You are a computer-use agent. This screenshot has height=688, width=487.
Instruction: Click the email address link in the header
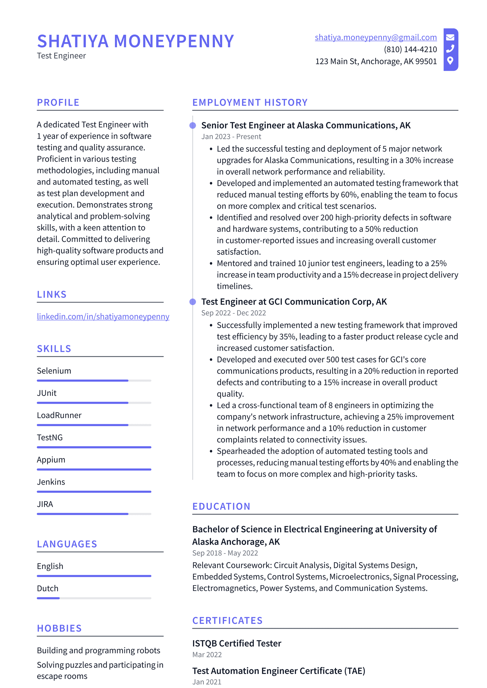(x=375, y=37)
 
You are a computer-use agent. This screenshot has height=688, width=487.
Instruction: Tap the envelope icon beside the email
(x=450, y=37)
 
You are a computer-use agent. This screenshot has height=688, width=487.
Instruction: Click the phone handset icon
(x=450, y=49)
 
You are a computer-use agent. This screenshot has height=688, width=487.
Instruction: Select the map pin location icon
(x=450, y=61)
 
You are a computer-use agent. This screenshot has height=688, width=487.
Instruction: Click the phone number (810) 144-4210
(x=410, y=49)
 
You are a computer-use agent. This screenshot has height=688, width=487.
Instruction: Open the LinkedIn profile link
(x=103, y=316)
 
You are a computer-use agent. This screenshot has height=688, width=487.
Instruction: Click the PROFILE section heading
(x=58, y=103)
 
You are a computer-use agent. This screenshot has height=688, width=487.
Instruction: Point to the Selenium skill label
(x=54, y=371)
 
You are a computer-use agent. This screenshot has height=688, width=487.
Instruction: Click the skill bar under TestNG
(x=94, y=447)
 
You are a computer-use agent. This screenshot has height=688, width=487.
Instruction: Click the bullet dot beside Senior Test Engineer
(x=193, y=125)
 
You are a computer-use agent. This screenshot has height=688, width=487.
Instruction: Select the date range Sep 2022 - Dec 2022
(x=233, y=313)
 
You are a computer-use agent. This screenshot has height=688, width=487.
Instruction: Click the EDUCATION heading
(x=221, y=506)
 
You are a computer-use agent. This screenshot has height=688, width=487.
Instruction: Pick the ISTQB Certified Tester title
(x=236, y=643)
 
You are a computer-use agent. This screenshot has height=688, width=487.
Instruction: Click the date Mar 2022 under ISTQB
(x=207, y=655)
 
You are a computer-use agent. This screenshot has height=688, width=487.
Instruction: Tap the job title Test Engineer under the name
(x=61, y=56)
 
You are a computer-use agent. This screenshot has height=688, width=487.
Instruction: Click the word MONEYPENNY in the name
(x=174, y=41)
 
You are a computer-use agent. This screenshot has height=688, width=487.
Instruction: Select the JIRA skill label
(x=45, y=504)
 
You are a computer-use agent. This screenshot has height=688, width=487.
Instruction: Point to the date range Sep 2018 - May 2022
(x=225, y=553)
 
